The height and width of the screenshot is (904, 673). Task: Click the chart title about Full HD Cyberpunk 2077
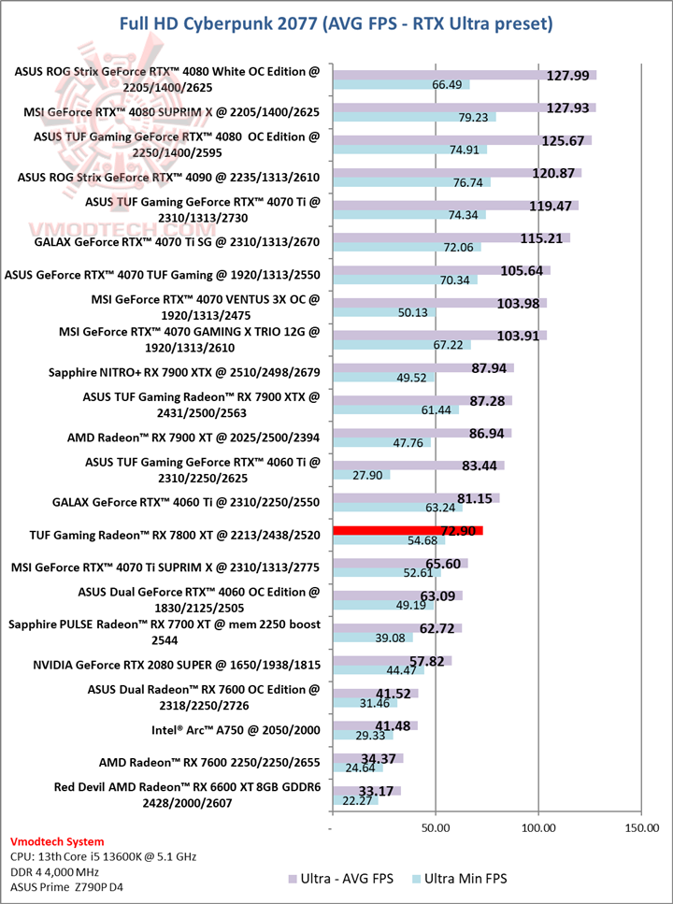336,22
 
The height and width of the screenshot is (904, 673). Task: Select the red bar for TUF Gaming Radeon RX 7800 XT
407,530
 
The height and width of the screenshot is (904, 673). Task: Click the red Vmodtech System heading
58,841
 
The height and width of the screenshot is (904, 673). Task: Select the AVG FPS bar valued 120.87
456,173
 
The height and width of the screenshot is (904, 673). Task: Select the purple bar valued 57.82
392,661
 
